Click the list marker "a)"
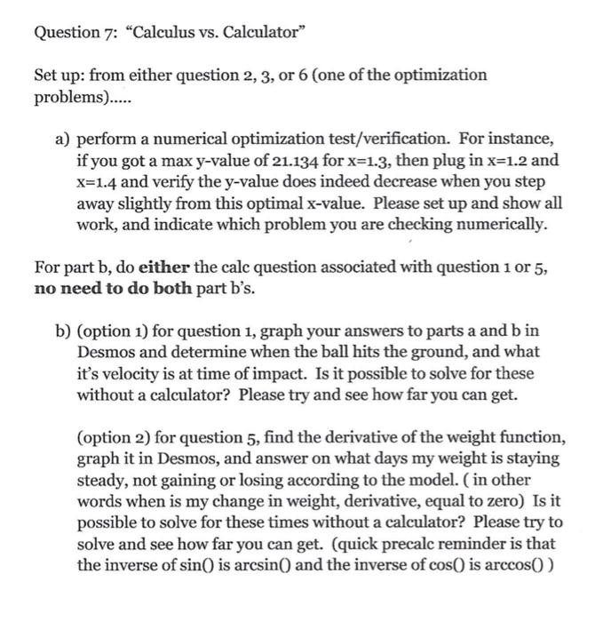[61, 140]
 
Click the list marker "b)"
[61, 331]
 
